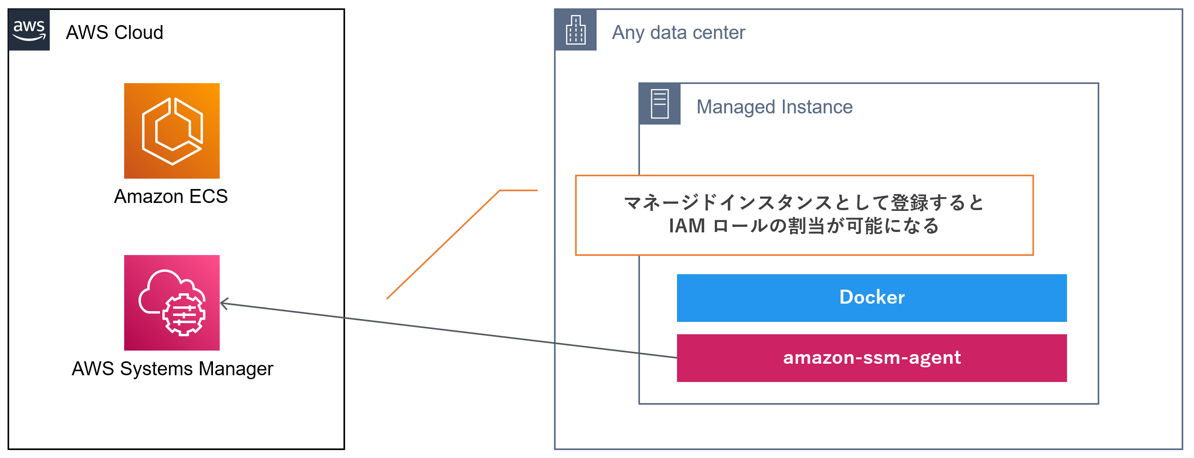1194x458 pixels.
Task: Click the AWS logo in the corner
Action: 29,30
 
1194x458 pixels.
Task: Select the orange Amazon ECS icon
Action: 172,131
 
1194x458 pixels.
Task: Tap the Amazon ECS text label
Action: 171,197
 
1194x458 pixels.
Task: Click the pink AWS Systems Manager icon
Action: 172,302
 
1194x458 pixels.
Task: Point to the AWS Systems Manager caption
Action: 172,369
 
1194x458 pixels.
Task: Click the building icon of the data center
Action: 576,30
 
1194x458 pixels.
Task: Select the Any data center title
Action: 678,33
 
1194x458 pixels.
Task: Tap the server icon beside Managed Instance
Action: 659,104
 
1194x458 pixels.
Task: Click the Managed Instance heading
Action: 774,107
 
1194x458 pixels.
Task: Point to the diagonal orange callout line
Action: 443,245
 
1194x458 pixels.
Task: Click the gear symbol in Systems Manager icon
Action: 183,315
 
